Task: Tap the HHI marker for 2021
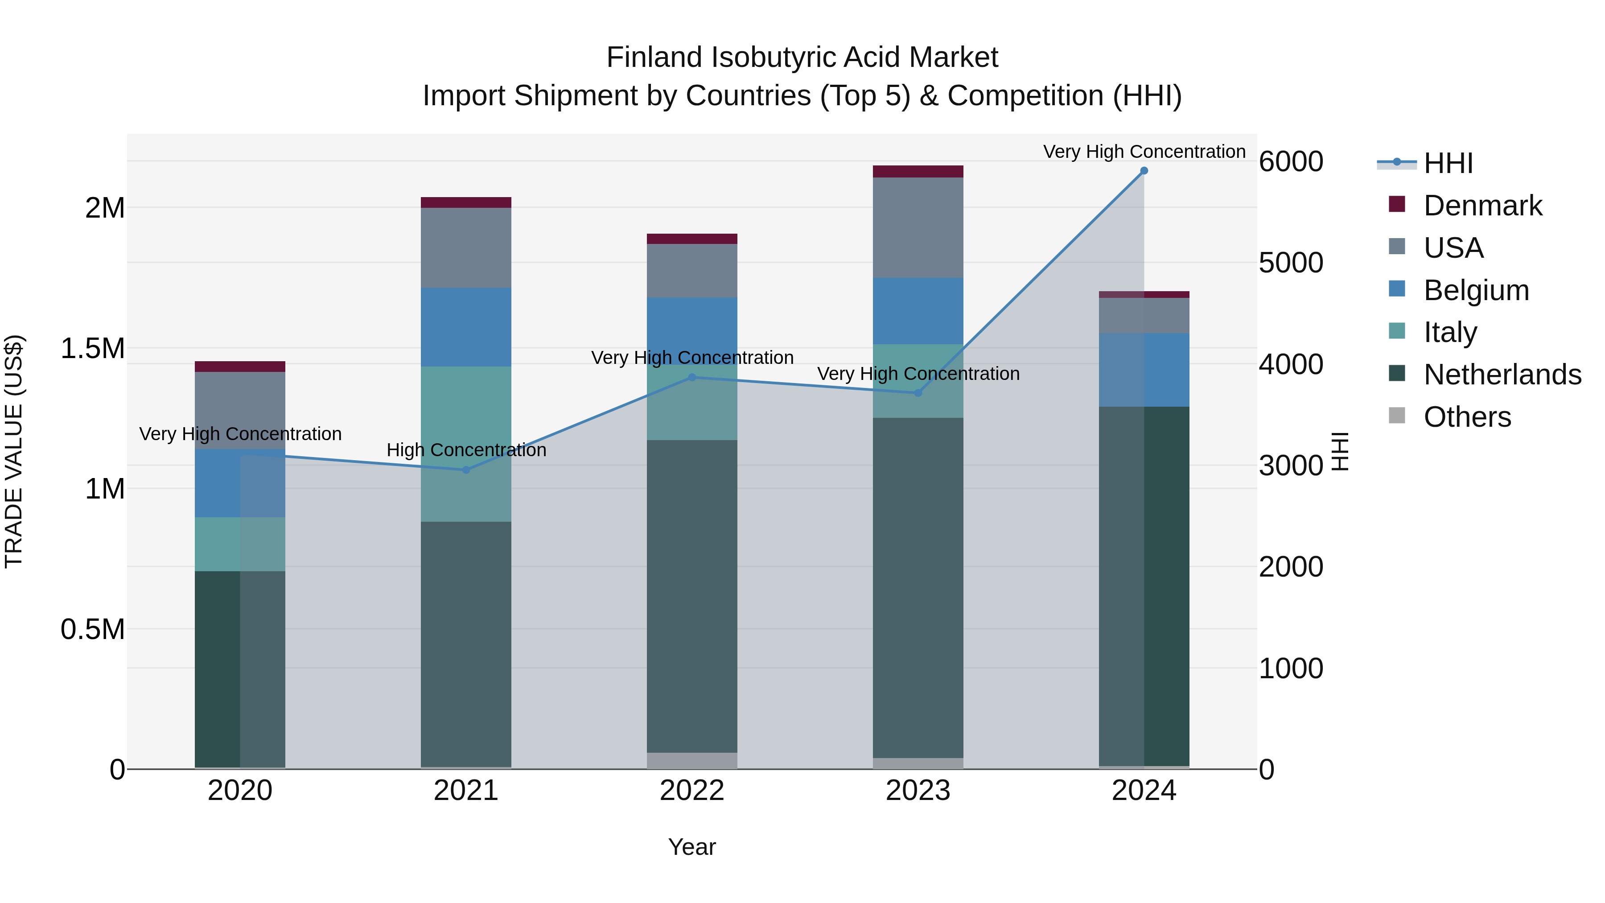(466, 470)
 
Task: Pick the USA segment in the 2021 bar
(466, 247)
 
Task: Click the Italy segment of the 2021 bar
(466, 444)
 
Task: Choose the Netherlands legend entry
(1502, 375)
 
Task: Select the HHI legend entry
(1447, 163)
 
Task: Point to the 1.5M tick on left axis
(92, 348)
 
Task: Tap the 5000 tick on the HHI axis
(1290, 263)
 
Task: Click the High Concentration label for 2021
(466, 450)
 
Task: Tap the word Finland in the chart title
(654, 58)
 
